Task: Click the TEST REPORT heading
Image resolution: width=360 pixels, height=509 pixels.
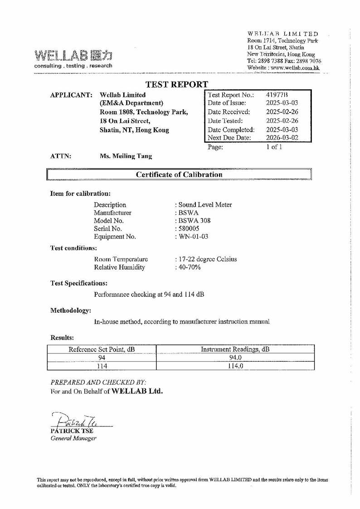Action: [x=176, y=84]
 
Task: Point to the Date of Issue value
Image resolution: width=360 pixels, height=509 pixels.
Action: [x=282, y=103]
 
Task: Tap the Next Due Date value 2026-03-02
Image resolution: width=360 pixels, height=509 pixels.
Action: [x=282, y=138]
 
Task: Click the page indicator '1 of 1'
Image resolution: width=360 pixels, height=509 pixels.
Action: [x=274, y=147]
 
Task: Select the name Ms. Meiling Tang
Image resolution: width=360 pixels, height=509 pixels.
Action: [x=126, y=156]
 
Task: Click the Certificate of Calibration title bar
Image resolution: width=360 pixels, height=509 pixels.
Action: [x=179, y=175]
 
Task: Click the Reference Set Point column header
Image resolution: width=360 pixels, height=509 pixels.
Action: [x=102, y=349]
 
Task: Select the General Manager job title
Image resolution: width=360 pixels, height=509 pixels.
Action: [x=73, y=438]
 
